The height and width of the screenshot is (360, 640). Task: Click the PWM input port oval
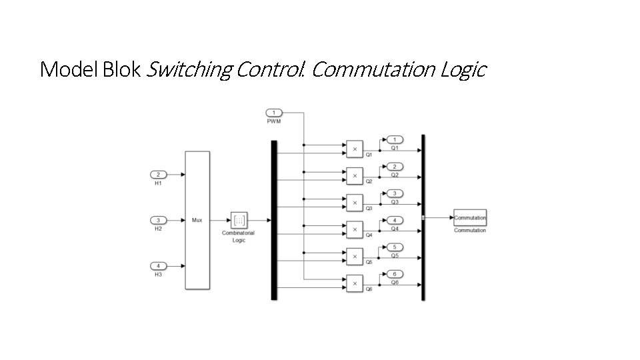coord(275,112)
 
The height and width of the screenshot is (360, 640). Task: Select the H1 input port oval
coord(158,175)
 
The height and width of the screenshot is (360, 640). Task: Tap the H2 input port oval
coord(158,220)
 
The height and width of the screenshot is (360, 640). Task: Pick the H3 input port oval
coord(158,266)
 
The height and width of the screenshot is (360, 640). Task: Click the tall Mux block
coord(197,220)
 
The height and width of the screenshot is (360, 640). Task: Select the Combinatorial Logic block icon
coord(239,220)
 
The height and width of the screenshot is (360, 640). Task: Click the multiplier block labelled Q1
coord(354,149)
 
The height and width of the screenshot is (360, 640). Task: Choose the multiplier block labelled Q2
coord(354,175)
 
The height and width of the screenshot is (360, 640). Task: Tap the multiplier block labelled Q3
coord(354,203)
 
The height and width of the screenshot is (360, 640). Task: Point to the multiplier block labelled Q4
coord(354,229)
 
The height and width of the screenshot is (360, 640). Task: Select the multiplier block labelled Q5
coord(354,257)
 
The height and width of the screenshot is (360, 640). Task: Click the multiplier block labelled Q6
coord(354,283)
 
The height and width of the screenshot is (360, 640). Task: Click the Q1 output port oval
coord(395,139)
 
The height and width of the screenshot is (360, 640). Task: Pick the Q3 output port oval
coord(395,193)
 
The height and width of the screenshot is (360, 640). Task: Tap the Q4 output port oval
coord(395,220)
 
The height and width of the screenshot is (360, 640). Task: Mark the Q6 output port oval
coord(395,274)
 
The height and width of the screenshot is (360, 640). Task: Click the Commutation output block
coord(470,218)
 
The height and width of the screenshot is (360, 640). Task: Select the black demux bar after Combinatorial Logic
coord(273,220)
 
